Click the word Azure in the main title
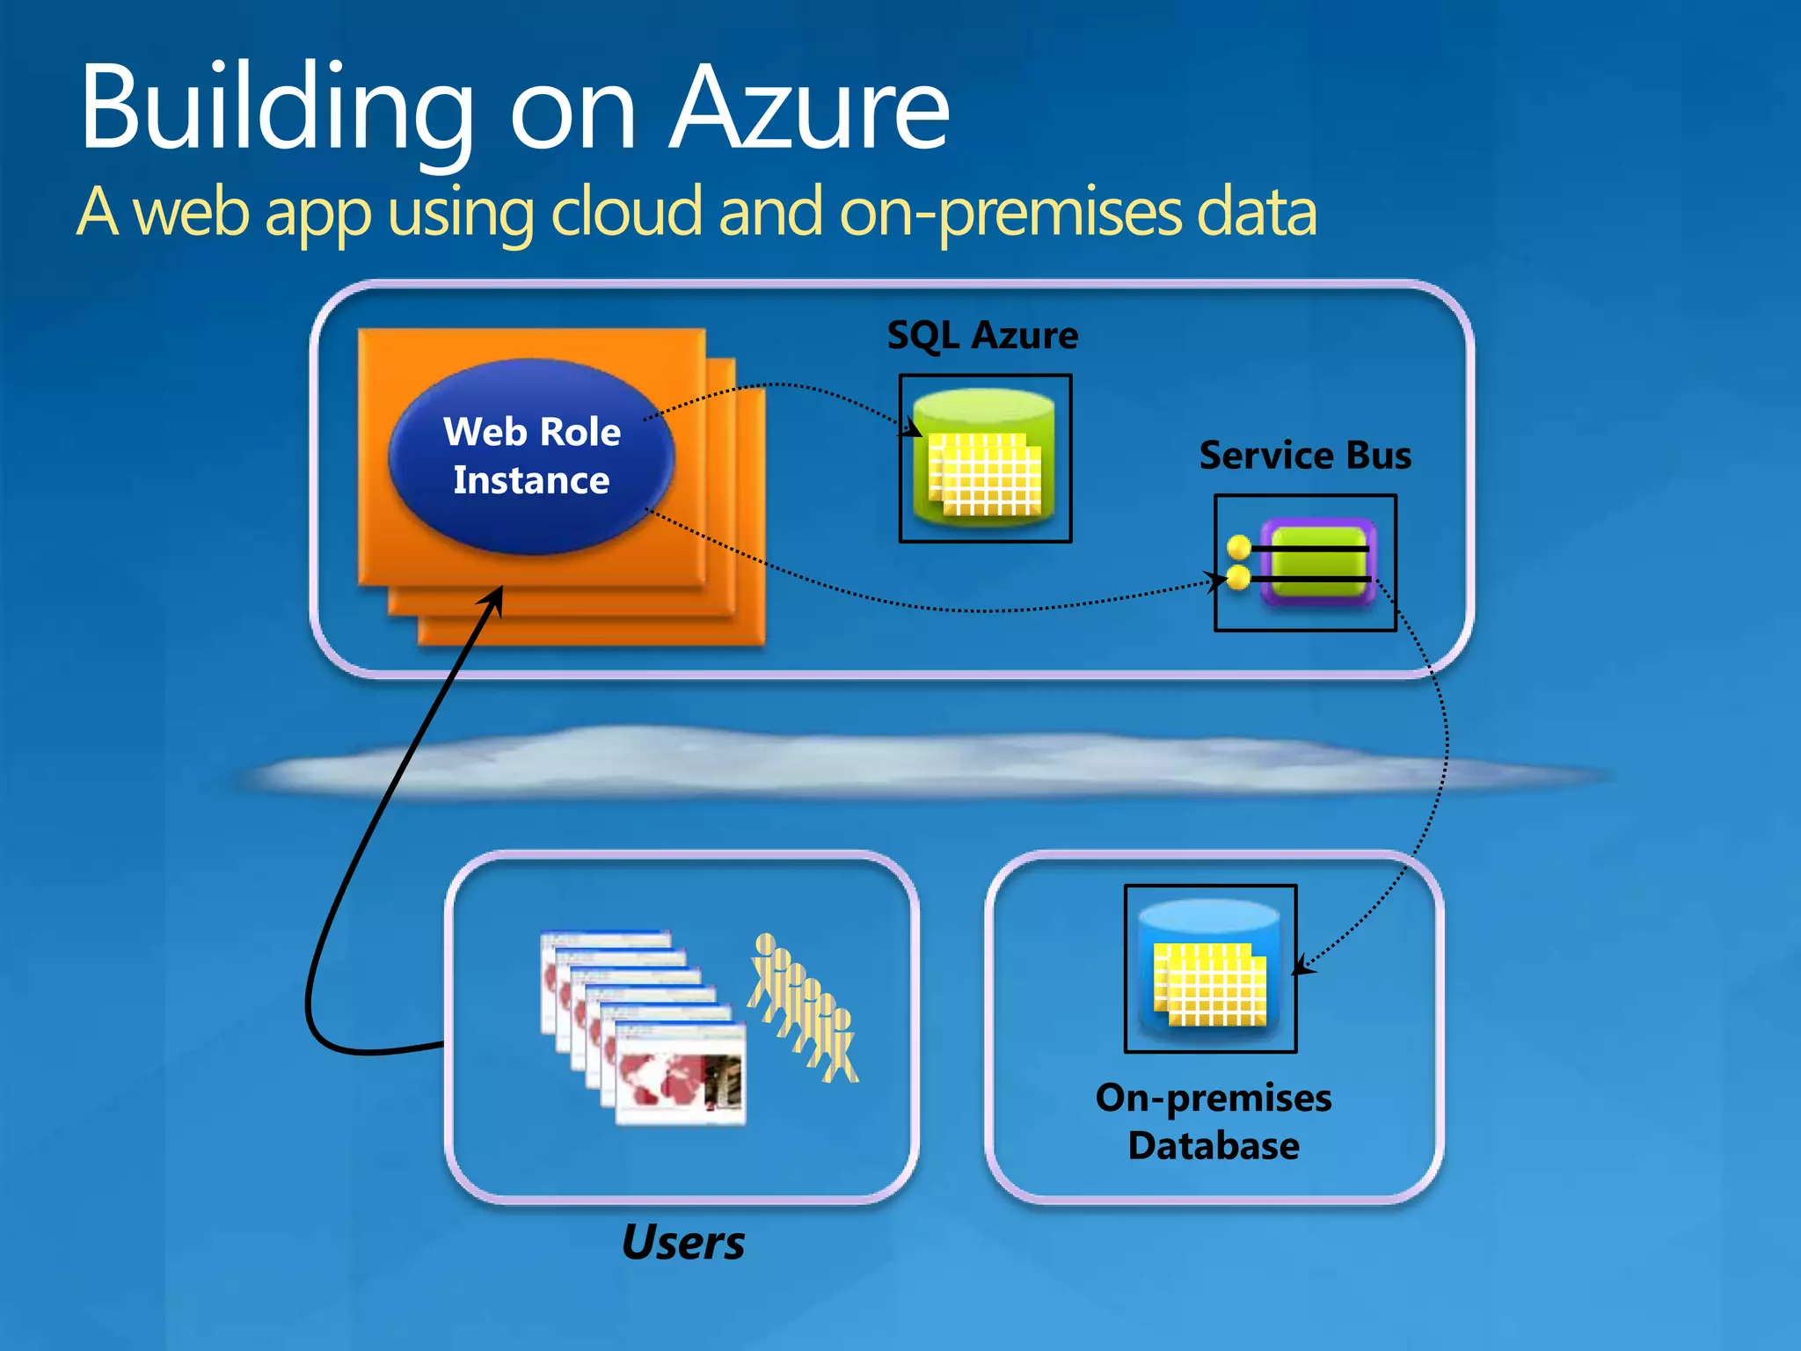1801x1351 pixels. point(809,110)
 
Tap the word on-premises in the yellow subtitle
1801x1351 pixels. point(1011,213)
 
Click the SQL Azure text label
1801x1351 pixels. point(982,335)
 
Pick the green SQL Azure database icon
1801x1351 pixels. point(984,458)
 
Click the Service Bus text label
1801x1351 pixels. point(1305,456)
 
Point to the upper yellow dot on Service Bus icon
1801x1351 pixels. point(1239,547)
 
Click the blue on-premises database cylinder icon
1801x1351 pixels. point(1210,968)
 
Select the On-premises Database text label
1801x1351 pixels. point(1214,1121)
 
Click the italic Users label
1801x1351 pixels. point(682,1242)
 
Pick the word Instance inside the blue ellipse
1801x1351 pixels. point(531,480)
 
